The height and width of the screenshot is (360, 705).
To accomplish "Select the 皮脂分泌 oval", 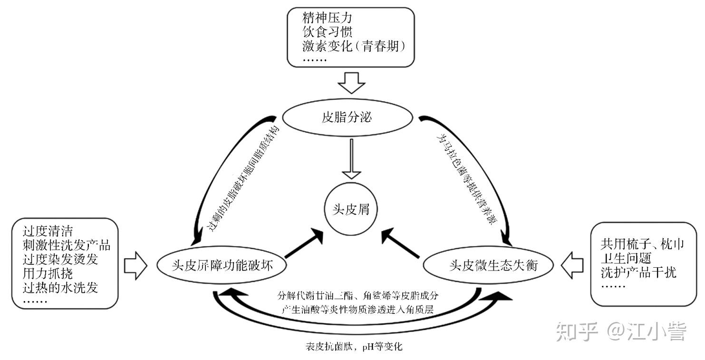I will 350,117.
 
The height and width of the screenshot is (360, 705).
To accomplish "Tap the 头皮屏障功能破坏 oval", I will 222,265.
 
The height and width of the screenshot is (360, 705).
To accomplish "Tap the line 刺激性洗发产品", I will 66,245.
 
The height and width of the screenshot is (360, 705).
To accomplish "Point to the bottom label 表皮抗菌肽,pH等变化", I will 354,347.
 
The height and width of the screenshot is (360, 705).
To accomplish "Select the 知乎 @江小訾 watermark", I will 622,332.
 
